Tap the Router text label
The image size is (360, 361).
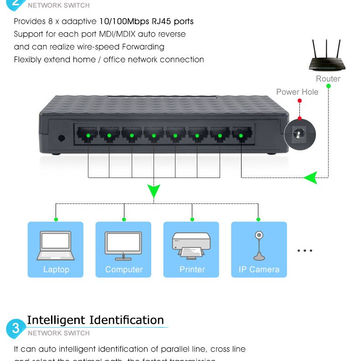point(328,79)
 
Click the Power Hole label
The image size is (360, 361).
point(297,92)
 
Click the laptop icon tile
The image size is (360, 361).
point(56,246)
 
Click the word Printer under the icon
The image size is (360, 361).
point(192,269)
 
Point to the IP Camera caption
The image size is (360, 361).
point(259,269)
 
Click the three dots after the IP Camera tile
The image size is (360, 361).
point(304,250)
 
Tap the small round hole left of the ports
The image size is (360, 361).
point(62,138)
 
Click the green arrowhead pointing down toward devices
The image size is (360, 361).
point(154,191)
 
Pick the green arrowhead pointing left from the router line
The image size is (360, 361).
point(310,177)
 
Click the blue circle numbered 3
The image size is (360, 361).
point(15,328)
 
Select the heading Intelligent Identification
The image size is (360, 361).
point(95,320)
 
